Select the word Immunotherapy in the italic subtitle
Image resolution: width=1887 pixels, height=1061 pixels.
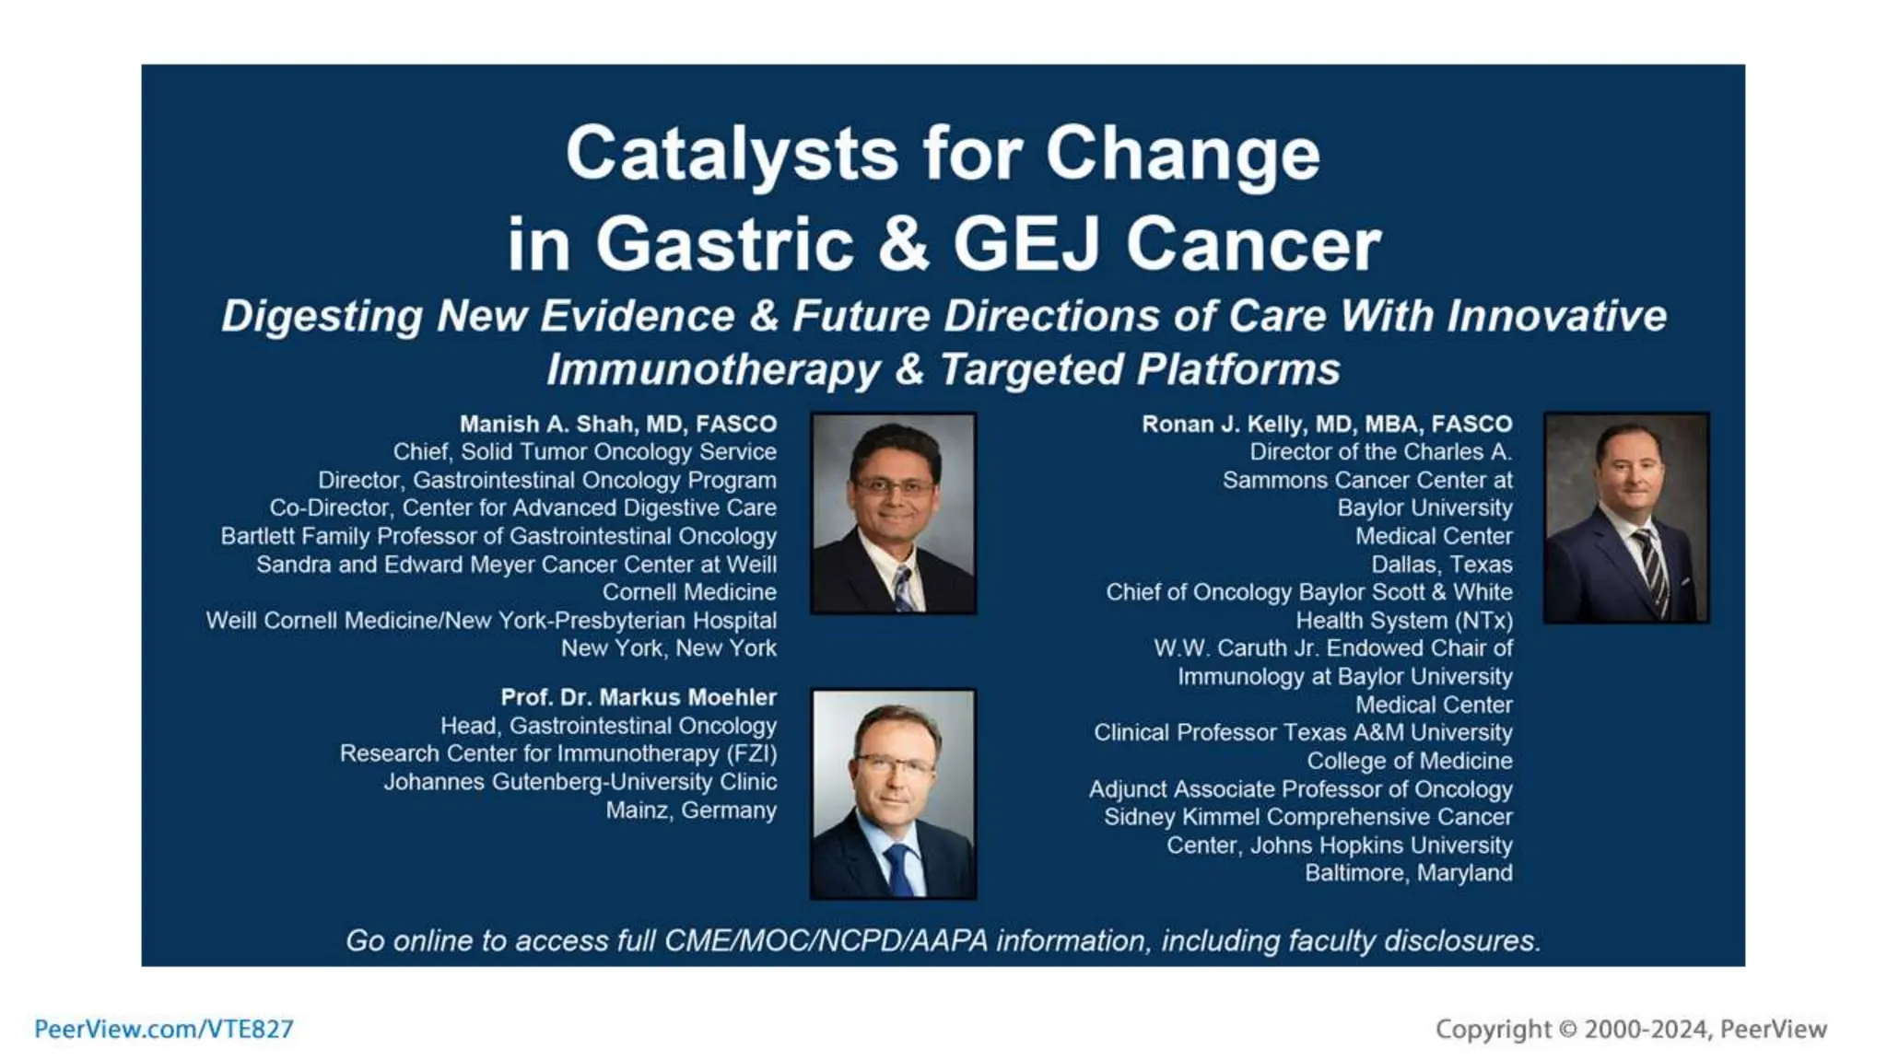click(713, 370)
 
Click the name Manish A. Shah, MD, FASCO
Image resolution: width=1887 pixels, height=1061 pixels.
click(617, 424)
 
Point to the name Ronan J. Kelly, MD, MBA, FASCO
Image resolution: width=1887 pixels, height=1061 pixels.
click(1327, 424)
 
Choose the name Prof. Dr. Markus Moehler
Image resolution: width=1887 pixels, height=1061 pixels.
click(638, 697)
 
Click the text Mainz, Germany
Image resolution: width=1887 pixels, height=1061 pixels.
click(690, 810)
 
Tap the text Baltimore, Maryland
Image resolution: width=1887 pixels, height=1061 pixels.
click(1408, 873)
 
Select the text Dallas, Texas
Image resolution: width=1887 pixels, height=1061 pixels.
click(1441, 564)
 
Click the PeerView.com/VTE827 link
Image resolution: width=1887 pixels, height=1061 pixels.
click(164, 1029)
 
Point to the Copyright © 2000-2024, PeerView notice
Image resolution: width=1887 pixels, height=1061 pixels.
click(1630, 1029)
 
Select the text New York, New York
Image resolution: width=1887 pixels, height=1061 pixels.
click(668, 648)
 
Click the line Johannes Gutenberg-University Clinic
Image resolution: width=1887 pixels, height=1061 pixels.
click(580, 782)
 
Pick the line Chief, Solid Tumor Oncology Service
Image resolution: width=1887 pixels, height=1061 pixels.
click(584, 452)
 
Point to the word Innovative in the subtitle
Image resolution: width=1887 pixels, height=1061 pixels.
click(1556, 316)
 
